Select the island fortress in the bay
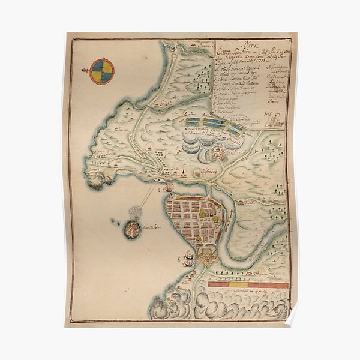tap(131, 228)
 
